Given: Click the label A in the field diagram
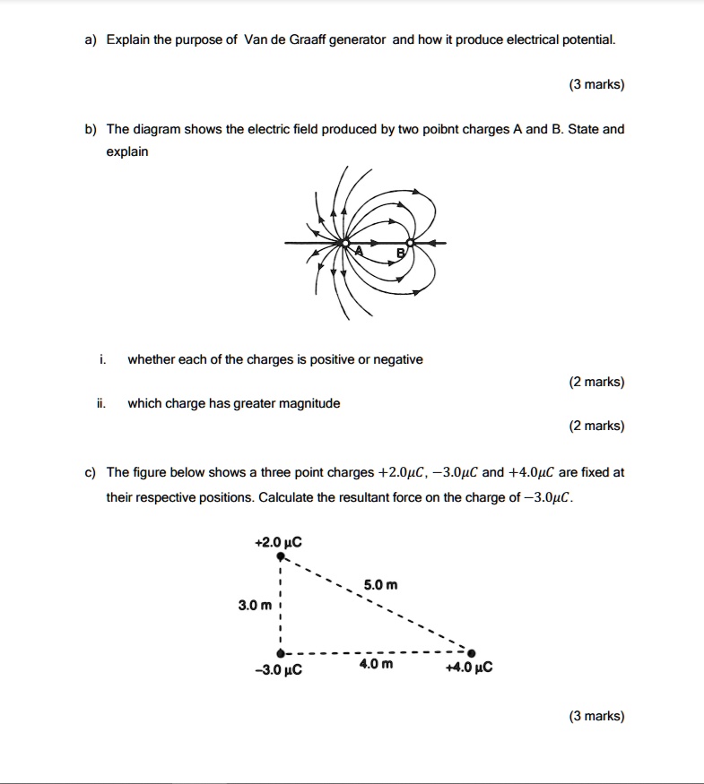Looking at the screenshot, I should [x=359, y=251].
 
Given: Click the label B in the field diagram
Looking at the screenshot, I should [x=402, y=254].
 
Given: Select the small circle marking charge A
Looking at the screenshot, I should [x=344, y=242].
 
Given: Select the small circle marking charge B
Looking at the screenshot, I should [x=411, y=242].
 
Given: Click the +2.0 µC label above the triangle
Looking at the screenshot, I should [x=279, y=542].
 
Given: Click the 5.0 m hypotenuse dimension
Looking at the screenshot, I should [x=379, y=586].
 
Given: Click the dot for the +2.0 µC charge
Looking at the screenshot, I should [x=281, y=556].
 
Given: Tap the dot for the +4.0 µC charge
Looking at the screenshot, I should [x=472, y=653].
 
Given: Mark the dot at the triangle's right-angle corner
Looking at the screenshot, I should [x=281, y=653].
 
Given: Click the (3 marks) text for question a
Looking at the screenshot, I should [x=596, y=85].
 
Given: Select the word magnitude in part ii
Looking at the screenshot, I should [x=310, y=403].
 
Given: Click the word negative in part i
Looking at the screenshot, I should [x=399, y=359].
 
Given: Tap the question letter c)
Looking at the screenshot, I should [x=91, y=472].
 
